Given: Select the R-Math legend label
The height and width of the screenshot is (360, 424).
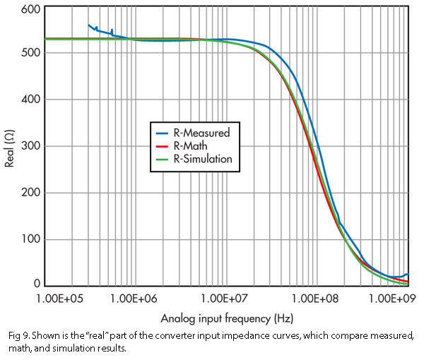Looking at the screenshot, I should (x=191, y=145).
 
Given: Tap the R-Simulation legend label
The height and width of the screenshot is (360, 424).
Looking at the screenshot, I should (x=202, y=159).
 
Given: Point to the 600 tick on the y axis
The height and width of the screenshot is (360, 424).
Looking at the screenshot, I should (x=30, y=10).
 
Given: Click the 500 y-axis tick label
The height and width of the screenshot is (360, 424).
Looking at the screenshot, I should (x=30, y=53).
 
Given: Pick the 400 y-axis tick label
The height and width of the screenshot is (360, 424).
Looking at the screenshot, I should (x=30, y=100).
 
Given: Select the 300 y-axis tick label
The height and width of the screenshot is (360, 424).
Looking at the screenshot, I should (x=30, y=146).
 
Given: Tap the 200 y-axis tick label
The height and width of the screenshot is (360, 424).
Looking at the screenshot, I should (x=30, y=193).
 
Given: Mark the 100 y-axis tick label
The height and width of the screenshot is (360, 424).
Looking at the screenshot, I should (x=30, y=239).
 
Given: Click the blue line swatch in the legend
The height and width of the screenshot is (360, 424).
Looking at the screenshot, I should (x=162, y=132).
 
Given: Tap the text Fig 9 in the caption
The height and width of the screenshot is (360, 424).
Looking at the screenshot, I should (x=16, y=335).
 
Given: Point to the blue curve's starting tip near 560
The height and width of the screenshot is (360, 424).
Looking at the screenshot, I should (x=88, y=25).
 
